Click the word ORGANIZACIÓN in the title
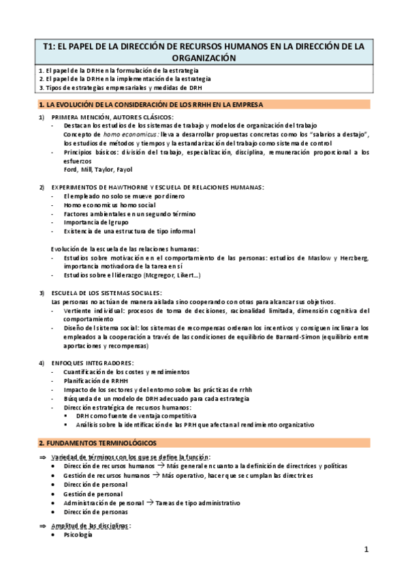point(204,59)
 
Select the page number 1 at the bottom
point(366,549)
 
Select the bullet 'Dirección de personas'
point(95,512)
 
